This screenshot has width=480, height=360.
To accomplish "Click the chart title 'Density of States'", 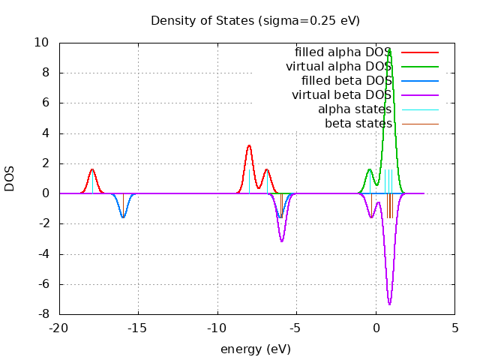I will [255, 20].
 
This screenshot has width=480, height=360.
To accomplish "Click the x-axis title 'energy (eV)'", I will [255, 349].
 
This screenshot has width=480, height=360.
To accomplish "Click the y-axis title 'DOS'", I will [10, 178].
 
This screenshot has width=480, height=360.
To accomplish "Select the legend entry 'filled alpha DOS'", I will [343, 52].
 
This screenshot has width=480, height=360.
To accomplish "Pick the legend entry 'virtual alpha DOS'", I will [338, 67].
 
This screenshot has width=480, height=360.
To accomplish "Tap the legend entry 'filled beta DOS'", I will [346, 81].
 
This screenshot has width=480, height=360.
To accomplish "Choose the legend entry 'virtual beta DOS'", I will [341, 95].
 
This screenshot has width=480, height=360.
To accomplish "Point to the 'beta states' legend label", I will [358, 123].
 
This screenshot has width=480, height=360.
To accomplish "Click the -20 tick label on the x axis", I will [59, 328].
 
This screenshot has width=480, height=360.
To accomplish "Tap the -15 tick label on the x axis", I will [138, 328].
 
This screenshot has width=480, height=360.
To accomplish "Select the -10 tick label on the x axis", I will [217, 328].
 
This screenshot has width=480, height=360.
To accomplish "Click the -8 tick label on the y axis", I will [45, 314].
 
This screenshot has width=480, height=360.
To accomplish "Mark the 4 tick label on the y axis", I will [48, 133].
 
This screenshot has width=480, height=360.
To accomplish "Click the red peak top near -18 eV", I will [92, 169].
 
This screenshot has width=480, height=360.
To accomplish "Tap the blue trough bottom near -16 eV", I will [124, 217].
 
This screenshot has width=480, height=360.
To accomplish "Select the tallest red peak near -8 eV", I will [249, 145].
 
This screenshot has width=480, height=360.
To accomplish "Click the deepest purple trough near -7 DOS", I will [390, 304].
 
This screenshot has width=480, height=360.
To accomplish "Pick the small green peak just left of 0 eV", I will [370, 169].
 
